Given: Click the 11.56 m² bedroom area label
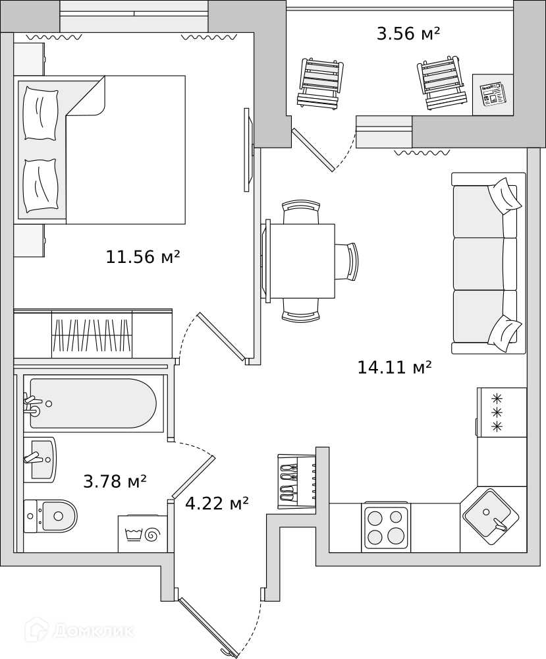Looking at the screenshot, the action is pyautogui.click(x=143, y=256).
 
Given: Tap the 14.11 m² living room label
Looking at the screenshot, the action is pyautogui.click(x=395, y=367).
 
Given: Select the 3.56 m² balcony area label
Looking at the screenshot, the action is pyautogui.click(x=408, y=33).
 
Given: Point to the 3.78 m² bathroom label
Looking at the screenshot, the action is pyautogui.click(x=115, y=481).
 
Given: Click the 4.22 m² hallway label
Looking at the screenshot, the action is pyautogui.click(x=217, y=503).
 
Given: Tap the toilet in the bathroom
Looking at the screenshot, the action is pyautogui.click(x=51, y=516).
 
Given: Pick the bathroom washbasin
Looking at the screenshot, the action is pyautogui.click(x=40, y=459).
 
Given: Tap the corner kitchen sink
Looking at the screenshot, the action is pyautogui.click(x=490, y=517).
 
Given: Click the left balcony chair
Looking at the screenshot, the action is pyautogui.click(x=319, y=83).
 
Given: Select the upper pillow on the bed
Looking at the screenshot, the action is pyautogui.click(x=41, y=113).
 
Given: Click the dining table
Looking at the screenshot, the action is pyautogui.click(x=302, y=261).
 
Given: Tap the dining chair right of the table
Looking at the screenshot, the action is pyautogui.click(x=348, y=262).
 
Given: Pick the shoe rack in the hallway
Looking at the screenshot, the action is pyautogui.click(x=297, y=482).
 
